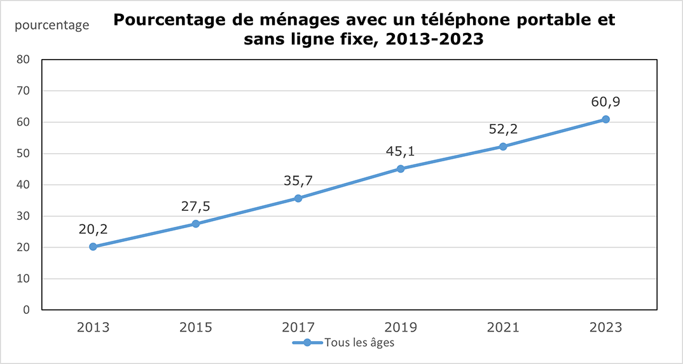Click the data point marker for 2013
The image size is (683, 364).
click(93, 246)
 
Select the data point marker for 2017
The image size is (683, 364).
click(298, 198)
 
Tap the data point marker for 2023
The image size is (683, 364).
click(605, 119)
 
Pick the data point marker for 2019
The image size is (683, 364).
click(401, 169)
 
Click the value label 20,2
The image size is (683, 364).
click(93, 228)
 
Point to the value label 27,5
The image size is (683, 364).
click(195, 205)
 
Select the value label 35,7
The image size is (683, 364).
click(298, 180)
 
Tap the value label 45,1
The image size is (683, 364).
click(401, 151)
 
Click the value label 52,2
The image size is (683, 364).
click(503, 128)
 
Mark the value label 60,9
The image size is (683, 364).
click(605, 101)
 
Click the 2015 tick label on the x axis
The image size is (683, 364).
click(195, 328)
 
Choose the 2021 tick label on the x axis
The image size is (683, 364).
click(503, 328)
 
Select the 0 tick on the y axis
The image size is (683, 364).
click(27, 310)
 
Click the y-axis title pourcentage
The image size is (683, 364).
click(52, 25)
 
